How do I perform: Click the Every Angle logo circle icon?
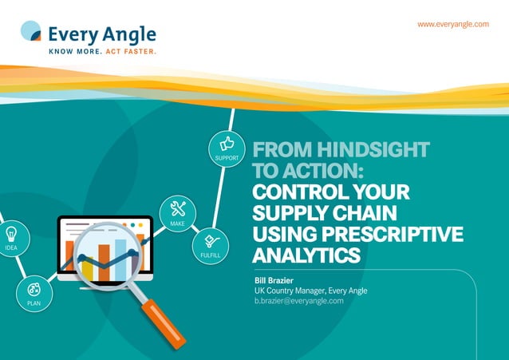tap(30, 31)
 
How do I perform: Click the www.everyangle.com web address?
tap(452, 24)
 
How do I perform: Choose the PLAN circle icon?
tap(34, 289)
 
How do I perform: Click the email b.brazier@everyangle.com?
tap(293, 301)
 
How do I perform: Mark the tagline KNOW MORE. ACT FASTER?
tap(102, 51)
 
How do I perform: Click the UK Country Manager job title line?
tap(305, 291)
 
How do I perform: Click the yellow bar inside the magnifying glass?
tap(87, 269)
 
